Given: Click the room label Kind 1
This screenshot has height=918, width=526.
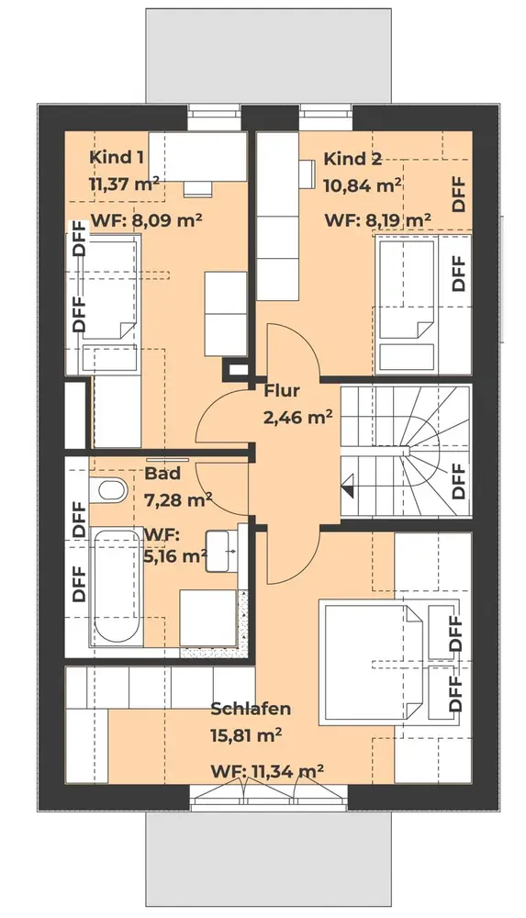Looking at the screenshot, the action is [117, 158].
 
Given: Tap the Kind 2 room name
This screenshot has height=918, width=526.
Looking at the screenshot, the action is [353, 159].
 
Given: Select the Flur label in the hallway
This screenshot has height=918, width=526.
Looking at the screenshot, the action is [282, 390].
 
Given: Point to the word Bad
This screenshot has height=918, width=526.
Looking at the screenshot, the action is [162, 473].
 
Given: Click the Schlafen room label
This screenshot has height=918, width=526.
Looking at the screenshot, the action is [251, 709].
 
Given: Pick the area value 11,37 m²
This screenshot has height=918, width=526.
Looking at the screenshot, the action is [124, 185].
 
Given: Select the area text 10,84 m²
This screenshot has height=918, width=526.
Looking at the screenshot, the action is [363, 185].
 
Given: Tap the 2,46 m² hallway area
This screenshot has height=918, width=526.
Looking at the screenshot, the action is [297, 418].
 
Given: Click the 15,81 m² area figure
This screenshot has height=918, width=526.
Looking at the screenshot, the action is [246, 735].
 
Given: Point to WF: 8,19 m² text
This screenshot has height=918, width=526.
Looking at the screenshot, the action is [378, 220].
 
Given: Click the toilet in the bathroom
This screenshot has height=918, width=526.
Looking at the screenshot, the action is [108, 490].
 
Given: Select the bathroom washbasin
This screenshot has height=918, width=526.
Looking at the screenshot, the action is [221, 550].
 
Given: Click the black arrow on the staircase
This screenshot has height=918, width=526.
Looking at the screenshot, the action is [347, 486].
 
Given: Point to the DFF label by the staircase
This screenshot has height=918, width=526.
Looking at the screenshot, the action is [459, 480].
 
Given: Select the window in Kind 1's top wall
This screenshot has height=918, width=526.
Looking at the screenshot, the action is [215, 117].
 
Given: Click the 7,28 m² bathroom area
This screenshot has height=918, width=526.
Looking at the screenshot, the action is [178, 499].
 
